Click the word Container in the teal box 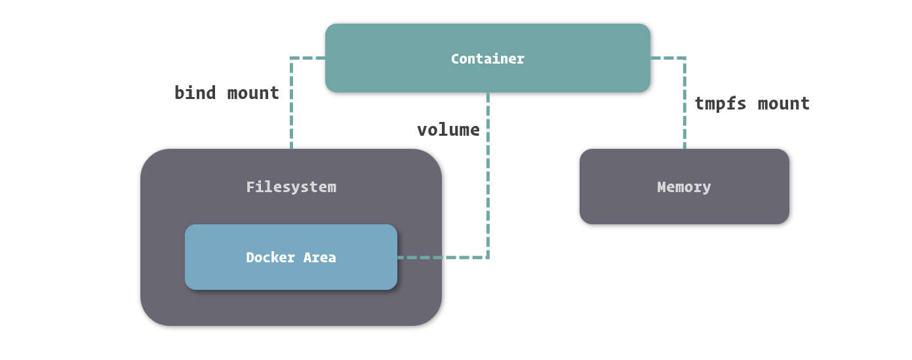click(487, 58)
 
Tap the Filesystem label click(291, 187)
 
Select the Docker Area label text click(291, 258)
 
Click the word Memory click(684, 187)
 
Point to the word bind click(195, 93)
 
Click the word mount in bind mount click(253, 93)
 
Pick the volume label click(448, 130)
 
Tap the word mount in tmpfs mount click(784, 104)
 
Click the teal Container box click(487, 75)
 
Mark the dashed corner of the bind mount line click(291, 58)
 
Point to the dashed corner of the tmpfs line click(684, 58)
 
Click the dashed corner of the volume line click(488, 258)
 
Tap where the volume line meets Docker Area click(398, 258)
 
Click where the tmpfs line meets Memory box click(684, 150)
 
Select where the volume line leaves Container click(488, 93)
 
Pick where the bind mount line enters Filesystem click(291, 150)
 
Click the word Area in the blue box click(319, 258)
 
